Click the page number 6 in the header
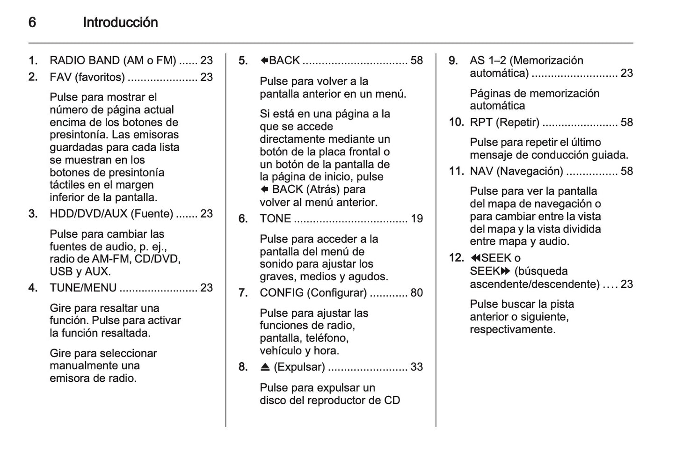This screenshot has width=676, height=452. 32,22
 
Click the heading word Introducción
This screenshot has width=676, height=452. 120,22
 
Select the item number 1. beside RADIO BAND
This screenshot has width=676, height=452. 33,60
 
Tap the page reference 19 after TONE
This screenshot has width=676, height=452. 416,219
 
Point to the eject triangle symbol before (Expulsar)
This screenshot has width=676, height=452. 265,367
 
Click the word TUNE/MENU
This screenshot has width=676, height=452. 83,288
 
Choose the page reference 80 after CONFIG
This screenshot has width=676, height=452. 416,293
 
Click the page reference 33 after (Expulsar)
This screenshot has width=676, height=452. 416,367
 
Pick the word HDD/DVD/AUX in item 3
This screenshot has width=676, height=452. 88,214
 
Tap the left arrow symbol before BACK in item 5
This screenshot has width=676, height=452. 264,60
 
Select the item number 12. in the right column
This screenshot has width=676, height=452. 457,258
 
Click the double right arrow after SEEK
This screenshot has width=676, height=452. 505,271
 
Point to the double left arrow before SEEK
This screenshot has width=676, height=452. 475,258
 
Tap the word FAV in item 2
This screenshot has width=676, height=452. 60,77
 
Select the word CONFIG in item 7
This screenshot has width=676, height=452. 282,293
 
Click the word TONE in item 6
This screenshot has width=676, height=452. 275,219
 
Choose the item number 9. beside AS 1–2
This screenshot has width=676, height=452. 453,60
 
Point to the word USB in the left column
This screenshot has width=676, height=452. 61,271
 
